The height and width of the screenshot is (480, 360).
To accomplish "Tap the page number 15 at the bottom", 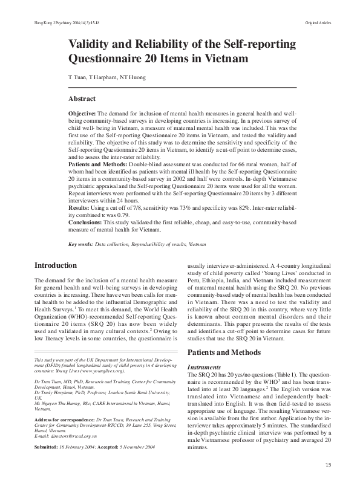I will click(329, 464).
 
